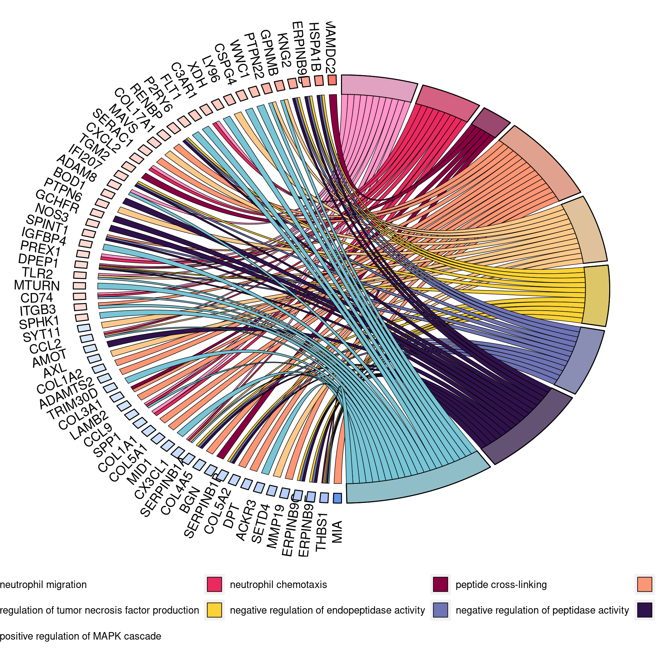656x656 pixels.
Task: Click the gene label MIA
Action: click(337, 532)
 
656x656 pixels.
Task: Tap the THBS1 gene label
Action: click(322, 532)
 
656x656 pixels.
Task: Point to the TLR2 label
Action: click(37, 273)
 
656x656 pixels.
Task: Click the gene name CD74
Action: click(37, 298)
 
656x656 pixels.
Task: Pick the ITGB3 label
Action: click(38, 310)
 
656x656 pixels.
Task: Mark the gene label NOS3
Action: click(52, 212)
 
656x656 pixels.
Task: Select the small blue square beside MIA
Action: click(337, 498)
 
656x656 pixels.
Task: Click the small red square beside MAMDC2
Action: click(332, 80)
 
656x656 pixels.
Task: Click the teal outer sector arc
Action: click(417, 485)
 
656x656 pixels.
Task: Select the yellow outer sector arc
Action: click(596, 296)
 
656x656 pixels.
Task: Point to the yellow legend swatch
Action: click(214, 610)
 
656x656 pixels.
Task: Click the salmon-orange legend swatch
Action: click(645, 584)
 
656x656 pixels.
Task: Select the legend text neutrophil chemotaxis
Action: click(278, 585)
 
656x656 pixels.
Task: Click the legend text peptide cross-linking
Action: click(501, 585)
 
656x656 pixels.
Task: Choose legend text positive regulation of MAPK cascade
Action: click(81, 636)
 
